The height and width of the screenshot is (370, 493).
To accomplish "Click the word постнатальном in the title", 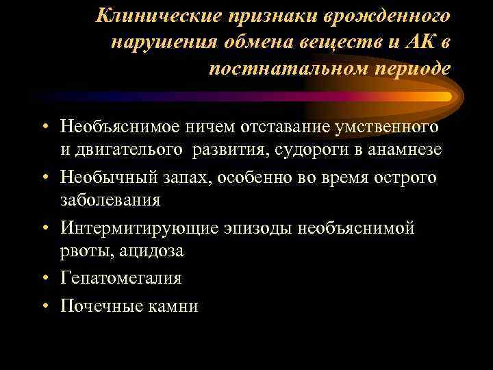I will [x=289, y=69].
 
